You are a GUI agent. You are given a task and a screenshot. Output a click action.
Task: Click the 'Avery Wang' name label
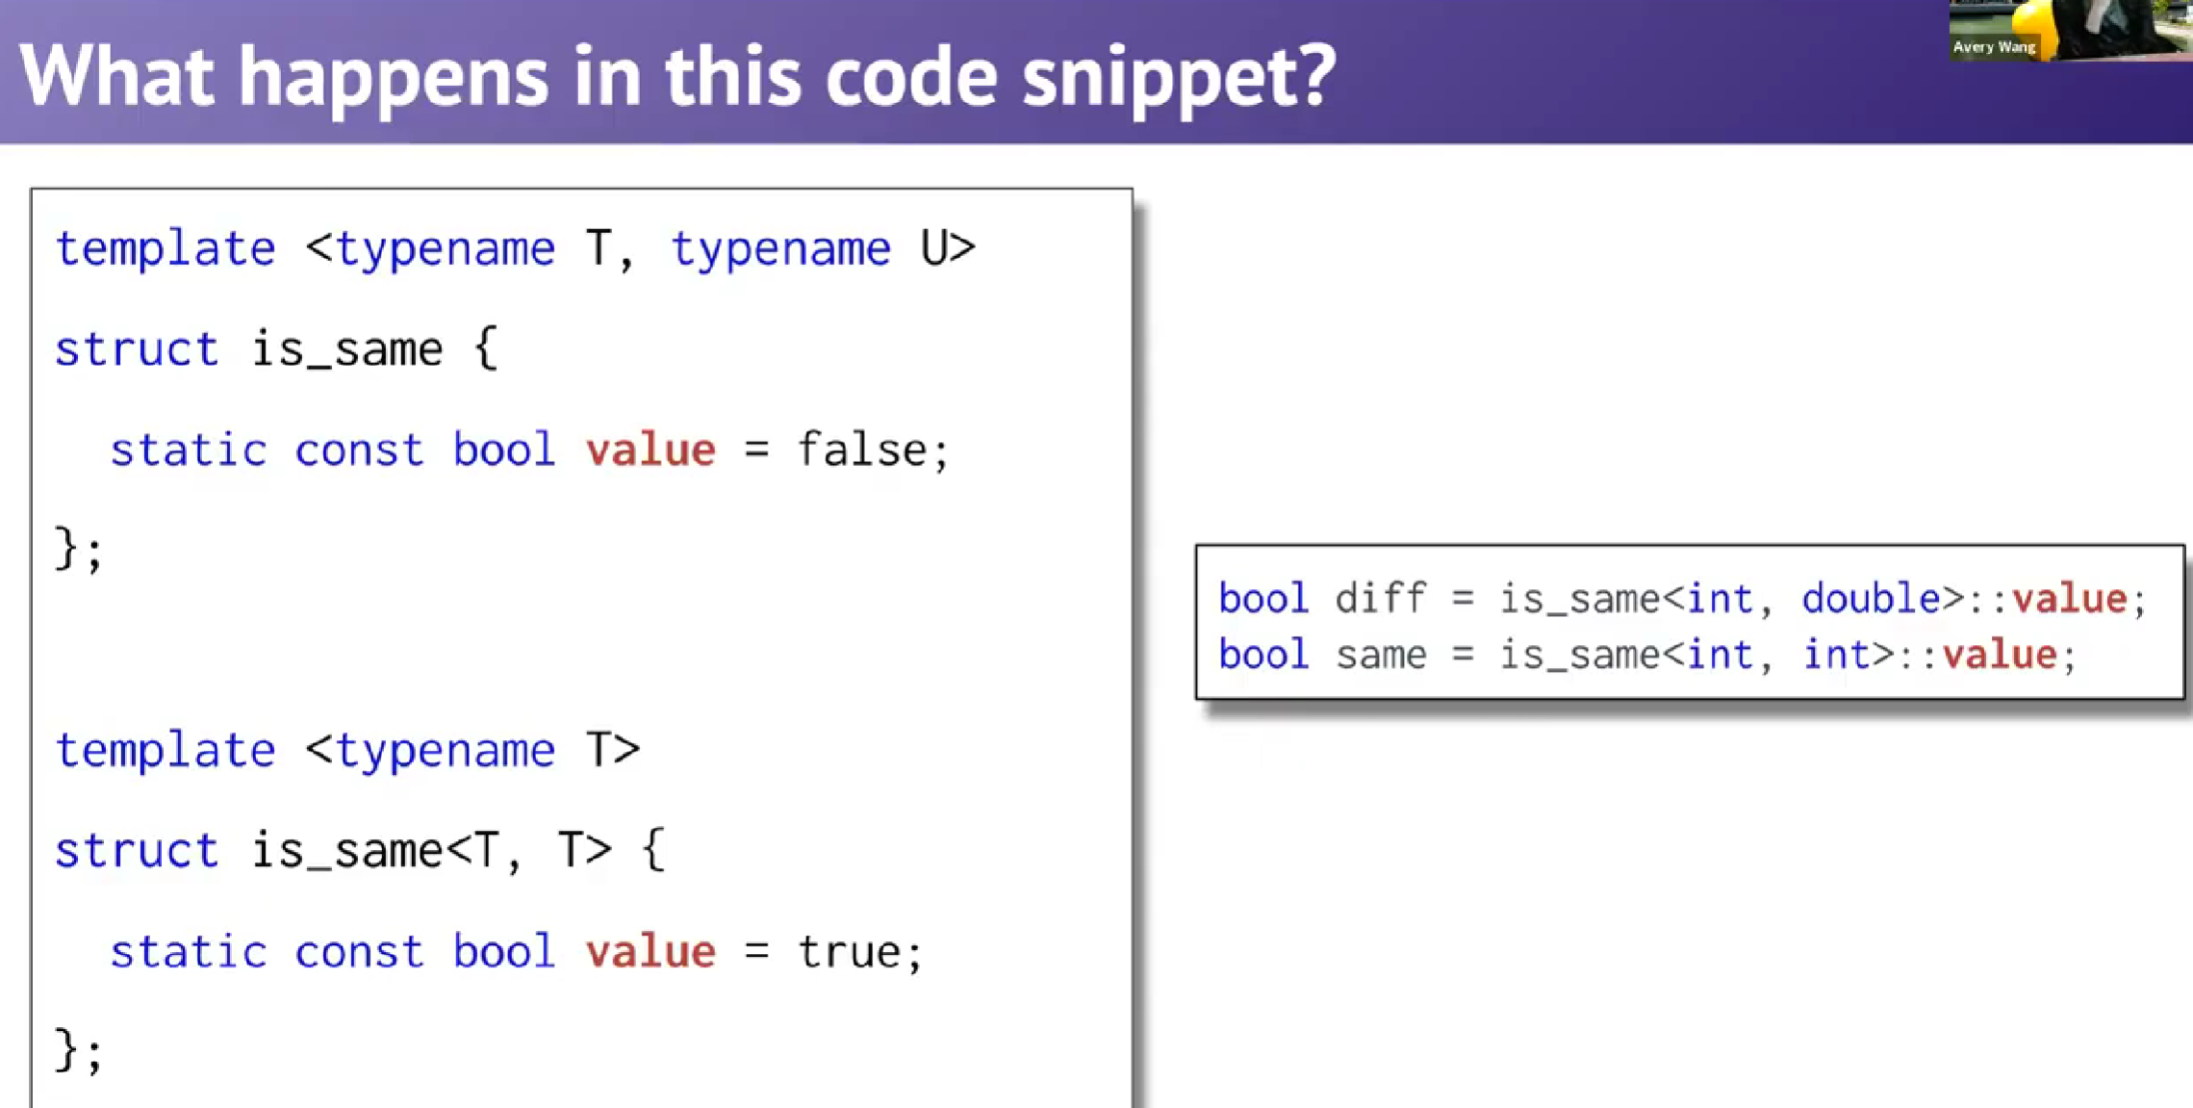pos(1994,47)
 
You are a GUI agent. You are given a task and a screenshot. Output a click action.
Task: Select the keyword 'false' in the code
pos(861,450)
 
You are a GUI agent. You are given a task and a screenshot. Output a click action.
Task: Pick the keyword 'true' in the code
pos(849,952)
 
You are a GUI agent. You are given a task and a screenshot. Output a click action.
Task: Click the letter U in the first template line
pos(934,248)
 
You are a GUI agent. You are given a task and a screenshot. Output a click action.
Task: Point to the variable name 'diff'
pos(1380,599)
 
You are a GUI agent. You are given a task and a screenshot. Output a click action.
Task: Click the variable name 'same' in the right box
pos(1381,656)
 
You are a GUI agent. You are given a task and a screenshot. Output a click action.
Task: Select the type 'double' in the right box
pos(1871,599)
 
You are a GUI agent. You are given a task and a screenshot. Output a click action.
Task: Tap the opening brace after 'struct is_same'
pos(486,348)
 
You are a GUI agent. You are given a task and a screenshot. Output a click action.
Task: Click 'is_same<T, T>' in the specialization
pos(431,850)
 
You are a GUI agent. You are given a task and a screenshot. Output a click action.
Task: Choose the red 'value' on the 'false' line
pos(650,450)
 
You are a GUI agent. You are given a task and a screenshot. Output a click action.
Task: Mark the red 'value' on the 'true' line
pos(650,952)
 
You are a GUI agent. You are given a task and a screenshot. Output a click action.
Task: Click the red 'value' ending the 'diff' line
pos(2069,599)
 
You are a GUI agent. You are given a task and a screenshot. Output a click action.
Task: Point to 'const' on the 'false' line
pos(358,450)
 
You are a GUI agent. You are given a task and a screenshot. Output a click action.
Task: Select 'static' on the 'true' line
pos(188,952)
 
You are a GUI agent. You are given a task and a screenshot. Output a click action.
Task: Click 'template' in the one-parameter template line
pos(166,750)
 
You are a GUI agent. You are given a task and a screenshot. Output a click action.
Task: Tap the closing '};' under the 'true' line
pos(78,1050)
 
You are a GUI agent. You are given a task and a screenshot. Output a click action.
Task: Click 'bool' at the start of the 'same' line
pos(1263,655)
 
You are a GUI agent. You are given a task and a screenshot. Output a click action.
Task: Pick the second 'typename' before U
pos(780,249)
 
